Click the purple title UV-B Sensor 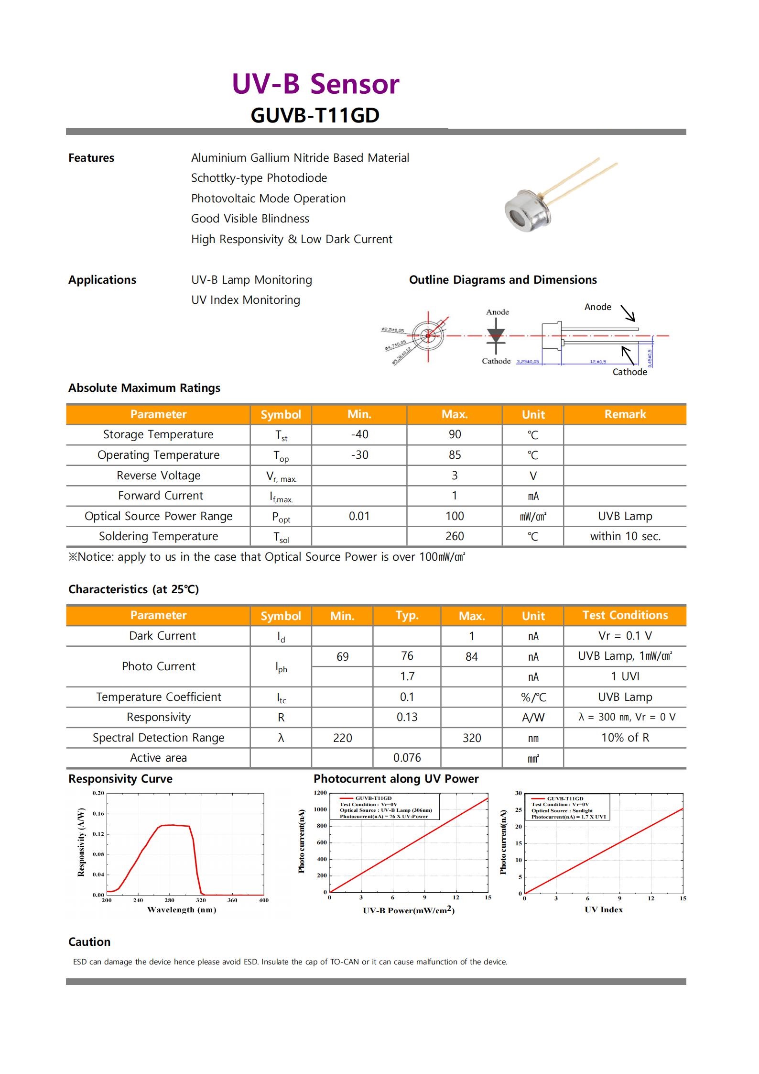pyautogui.click(x=315, y=84)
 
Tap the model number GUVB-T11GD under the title pyautogui.click(x=315, y=115)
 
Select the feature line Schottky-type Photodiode pyautogui.click(x=259, y=178)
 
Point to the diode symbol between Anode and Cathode pyautogui.click(x=496, y=336)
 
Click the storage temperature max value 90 pyautogui.click(x=455, y=434)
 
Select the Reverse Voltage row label pyautogui.click(x=158, y=476)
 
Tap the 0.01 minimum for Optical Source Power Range pyautogui.click(x=359, y=516)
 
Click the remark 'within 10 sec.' pyautogui.click(x=625, y=536)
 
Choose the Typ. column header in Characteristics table pyautogui.click(x=407, y=615)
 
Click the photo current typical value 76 pyautogui.click(x=407, y=656)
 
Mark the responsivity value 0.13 pyautogui.click(x=407, y=717)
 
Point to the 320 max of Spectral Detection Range pyautogui.click(x=471, y=738)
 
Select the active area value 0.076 pyautogui.click(x=407, y=758)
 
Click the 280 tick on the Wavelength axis pyautogui.click(x=170, y=900)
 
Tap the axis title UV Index pyautogui.click(x=603, y=909)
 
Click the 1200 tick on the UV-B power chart pyautogui.click(x=320, y=793)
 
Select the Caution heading pyautogui.click(x=89, y=941)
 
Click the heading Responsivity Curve pyautogui.click(x=120, y=779)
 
